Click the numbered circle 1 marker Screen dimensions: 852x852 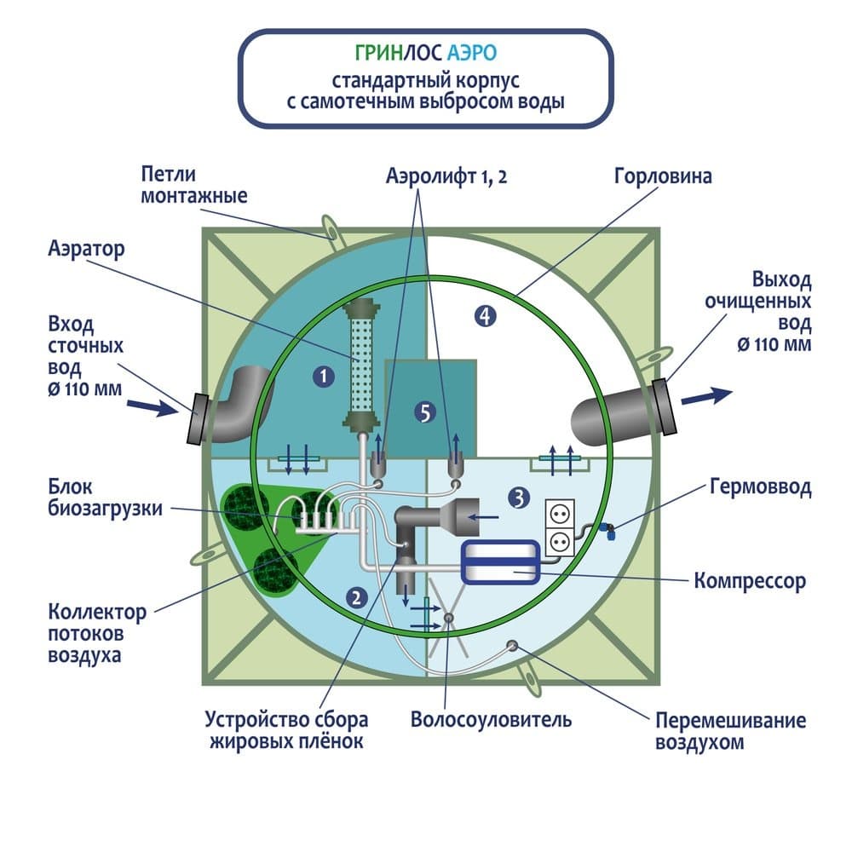pos(322,373)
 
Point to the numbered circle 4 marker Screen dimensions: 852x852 pos(484,317)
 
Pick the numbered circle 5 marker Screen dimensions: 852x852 pos(424,413)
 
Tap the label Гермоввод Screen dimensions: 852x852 pos(760,487)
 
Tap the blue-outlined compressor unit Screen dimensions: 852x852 pos(499,562)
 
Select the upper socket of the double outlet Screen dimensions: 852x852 pos(561,516)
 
